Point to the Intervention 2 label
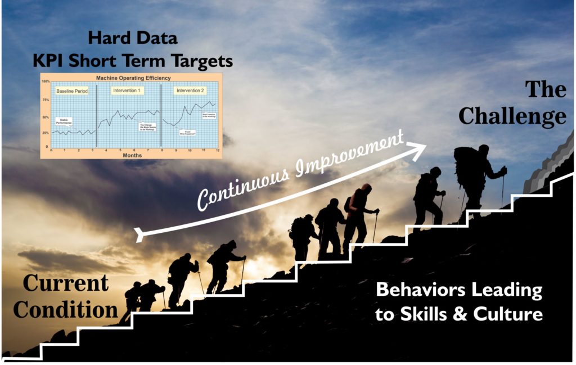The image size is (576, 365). point(191,90)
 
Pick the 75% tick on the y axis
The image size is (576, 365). point(46,100)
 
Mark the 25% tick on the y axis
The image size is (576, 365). point(46,133)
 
